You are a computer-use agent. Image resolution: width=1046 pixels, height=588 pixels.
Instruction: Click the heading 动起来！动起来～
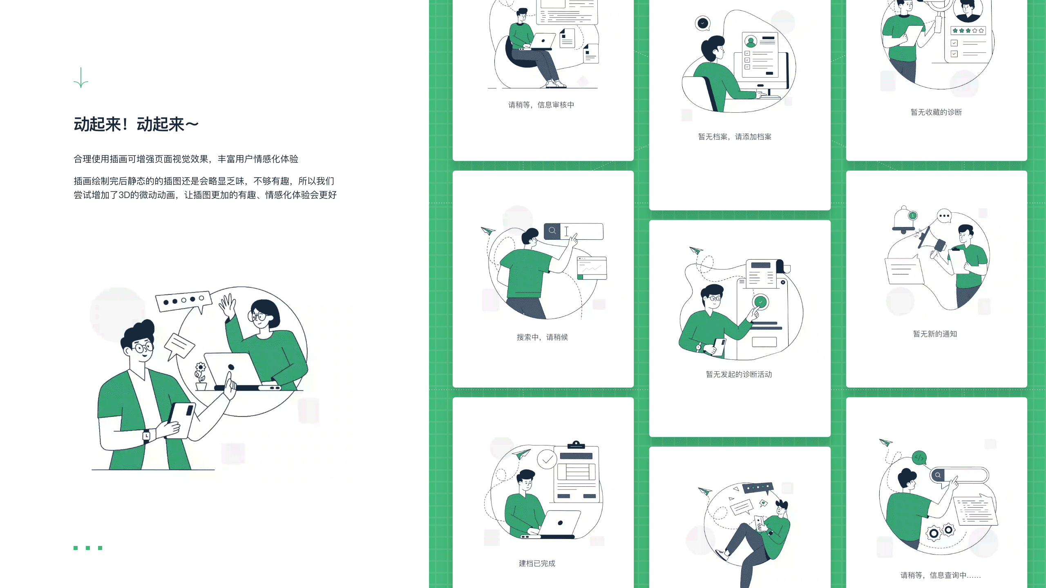[x=136, y=125]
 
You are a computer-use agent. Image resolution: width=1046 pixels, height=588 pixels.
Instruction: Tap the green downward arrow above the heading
[x=81, y=78]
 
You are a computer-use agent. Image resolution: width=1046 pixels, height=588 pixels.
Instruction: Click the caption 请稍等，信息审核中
[x=541, y=105]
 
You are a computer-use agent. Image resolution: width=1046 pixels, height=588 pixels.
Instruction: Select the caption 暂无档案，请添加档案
[x=735, y=137]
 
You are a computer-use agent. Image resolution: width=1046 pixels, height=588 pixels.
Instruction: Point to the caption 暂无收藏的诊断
[x=936, y=112]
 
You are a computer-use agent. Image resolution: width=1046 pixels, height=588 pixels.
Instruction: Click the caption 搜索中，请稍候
[x=542, y=337]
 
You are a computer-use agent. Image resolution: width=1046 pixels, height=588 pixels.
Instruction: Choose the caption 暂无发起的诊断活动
[x=739, y=374]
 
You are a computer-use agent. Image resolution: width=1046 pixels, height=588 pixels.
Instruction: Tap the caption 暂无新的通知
[x=935, y=334]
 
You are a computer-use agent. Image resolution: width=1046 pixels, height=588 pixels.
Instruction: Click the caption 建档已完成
[x=537, y=563]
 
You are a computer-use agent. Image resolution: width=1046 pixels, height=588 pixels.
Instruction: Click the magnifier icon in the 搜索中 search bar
[x=552, y=231]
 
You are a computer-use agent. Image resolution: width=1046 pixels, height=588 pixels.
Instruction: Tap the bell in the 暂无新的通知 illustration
[x=904, y=220]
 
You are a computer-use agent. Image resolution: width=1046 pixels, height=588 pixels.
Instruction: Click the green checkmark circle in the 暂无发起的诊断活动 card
[x=760, y=302]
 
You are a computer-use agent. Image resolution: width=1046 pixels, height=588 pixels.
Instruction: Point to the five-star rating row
[x=968, y=31]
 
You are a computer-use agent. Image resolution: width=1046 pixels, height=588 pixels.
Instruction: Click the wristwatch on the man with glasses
[x=146, y=436]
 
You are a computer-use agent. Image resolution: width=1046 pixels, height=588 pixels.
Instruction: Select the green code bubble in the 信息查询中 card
[x=919, y=458]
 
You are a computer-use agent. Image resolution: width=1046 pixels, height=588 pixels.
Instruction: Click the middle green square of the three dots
[x=88, y=548]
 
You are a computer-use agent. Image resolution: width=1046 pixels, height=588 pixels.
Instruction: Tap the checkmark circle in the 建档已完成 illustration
[x=547, y=460]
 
